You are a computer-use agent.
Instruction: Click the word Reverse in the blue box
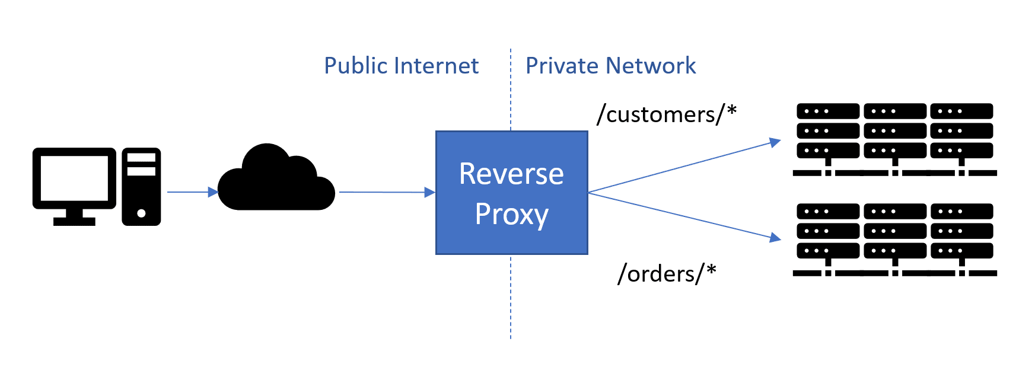511,174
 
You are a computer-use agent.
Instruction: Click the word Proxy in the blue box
511,214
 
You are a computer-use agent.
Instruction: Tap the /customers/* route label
667,114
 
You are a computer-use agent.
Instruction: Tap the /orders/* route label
667,273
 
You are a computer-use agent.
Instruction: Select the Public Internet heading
401,66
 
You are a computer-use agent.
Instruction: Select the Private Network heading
610,66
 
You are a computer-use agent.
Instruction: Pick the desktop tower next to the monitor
141,187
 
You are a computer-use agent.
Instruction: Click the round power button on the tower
141,213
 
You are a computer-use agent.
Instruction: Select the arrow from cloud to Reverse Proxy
386,192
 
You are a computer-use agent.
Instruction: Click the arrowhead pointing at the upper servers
775,142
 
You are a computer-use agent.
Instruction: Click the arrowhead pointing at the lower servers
775,238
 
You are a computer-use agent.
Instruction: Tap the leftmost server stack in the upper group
827,130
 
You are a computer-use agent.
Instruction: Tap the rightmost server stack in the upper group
961,130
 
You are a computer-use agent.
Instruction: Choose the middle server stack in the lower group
895,231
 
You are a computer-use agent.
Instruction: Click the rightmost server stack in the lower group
961,231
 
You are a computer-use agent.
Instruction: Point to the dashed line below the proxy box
511,296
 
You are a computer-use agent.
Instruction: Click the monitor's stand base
74,222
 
